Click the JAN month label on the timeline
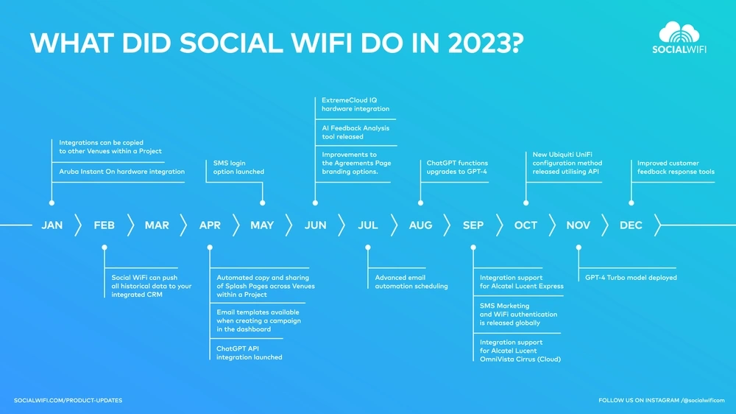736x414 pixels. (x=52, y=225)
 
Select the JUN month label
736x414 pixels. (x=316, y=225)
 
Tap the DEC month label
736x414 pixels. (x=631, y=225)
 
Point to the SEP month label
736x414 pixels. (x=473, y=225)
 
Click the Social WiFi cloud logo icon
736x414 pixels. (x=679, y=32)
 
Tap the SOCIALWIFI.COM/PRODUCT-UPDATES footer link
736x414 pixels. (x=68, y=401)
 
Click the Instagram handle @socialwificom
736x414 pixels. (x=703, y=401)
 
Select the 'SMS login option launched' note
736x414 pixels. (x=238, y=167)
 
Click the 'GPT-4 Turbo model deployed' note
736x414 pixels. (x=631, y=278)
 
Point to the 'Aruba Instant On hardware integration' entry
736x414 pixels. (x=121, y=172)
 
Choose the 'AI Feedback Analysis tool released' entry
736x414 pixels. (x=355, y=133)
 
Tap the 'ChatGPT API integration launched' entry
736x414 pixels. (x=250, y=353)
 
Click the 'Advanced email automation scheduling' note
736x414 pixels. (x=411, y=282)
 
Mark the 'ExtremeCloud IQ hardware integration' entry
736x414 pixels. (x=355, y=105)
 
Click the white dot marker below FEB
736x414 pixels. (x=105, y=248)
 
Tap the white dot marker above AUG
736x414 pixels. (x=420, y=203)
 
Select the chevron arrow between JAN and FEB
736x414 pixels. (x=78, y=225)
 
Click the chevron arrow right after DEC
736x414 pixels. (x=657, y=225)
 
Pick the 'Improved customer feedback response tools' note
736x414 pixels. (x=676, y=167)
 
